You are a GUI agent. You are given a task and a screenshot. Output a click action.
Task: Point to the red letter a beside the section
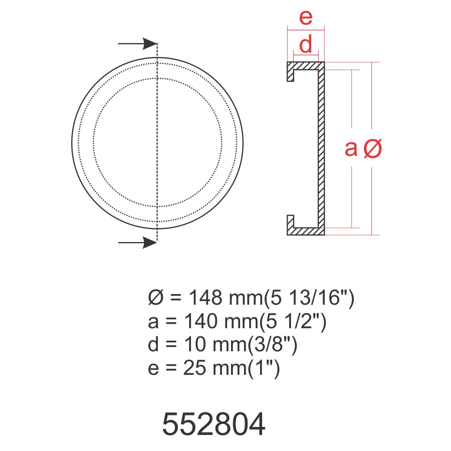pyautogui.click(x=351, y=148)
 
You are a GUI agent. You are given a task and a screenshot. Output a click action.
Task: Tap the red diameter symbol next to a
pyautogui.click(x=372, y=148)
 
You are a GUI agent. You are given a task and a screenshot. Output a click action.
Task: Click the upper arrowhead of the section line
pyautogui.click(x=150, y=44)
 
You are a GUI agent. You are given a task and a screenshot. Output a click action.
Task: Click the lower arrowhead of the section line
pyautogui.click(x=150, y=243)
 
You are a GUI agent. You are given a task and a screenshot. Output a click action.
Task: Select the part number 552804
pyautogui.click(x=213, y=424)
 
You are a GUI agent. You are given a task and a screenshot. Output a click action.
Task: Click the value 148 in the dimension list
pyautogui.click(x=205, y=297)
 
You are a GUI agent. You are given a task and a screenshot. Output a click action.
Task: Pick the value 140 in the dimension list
pyautogui.click(x=200, y=321)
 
